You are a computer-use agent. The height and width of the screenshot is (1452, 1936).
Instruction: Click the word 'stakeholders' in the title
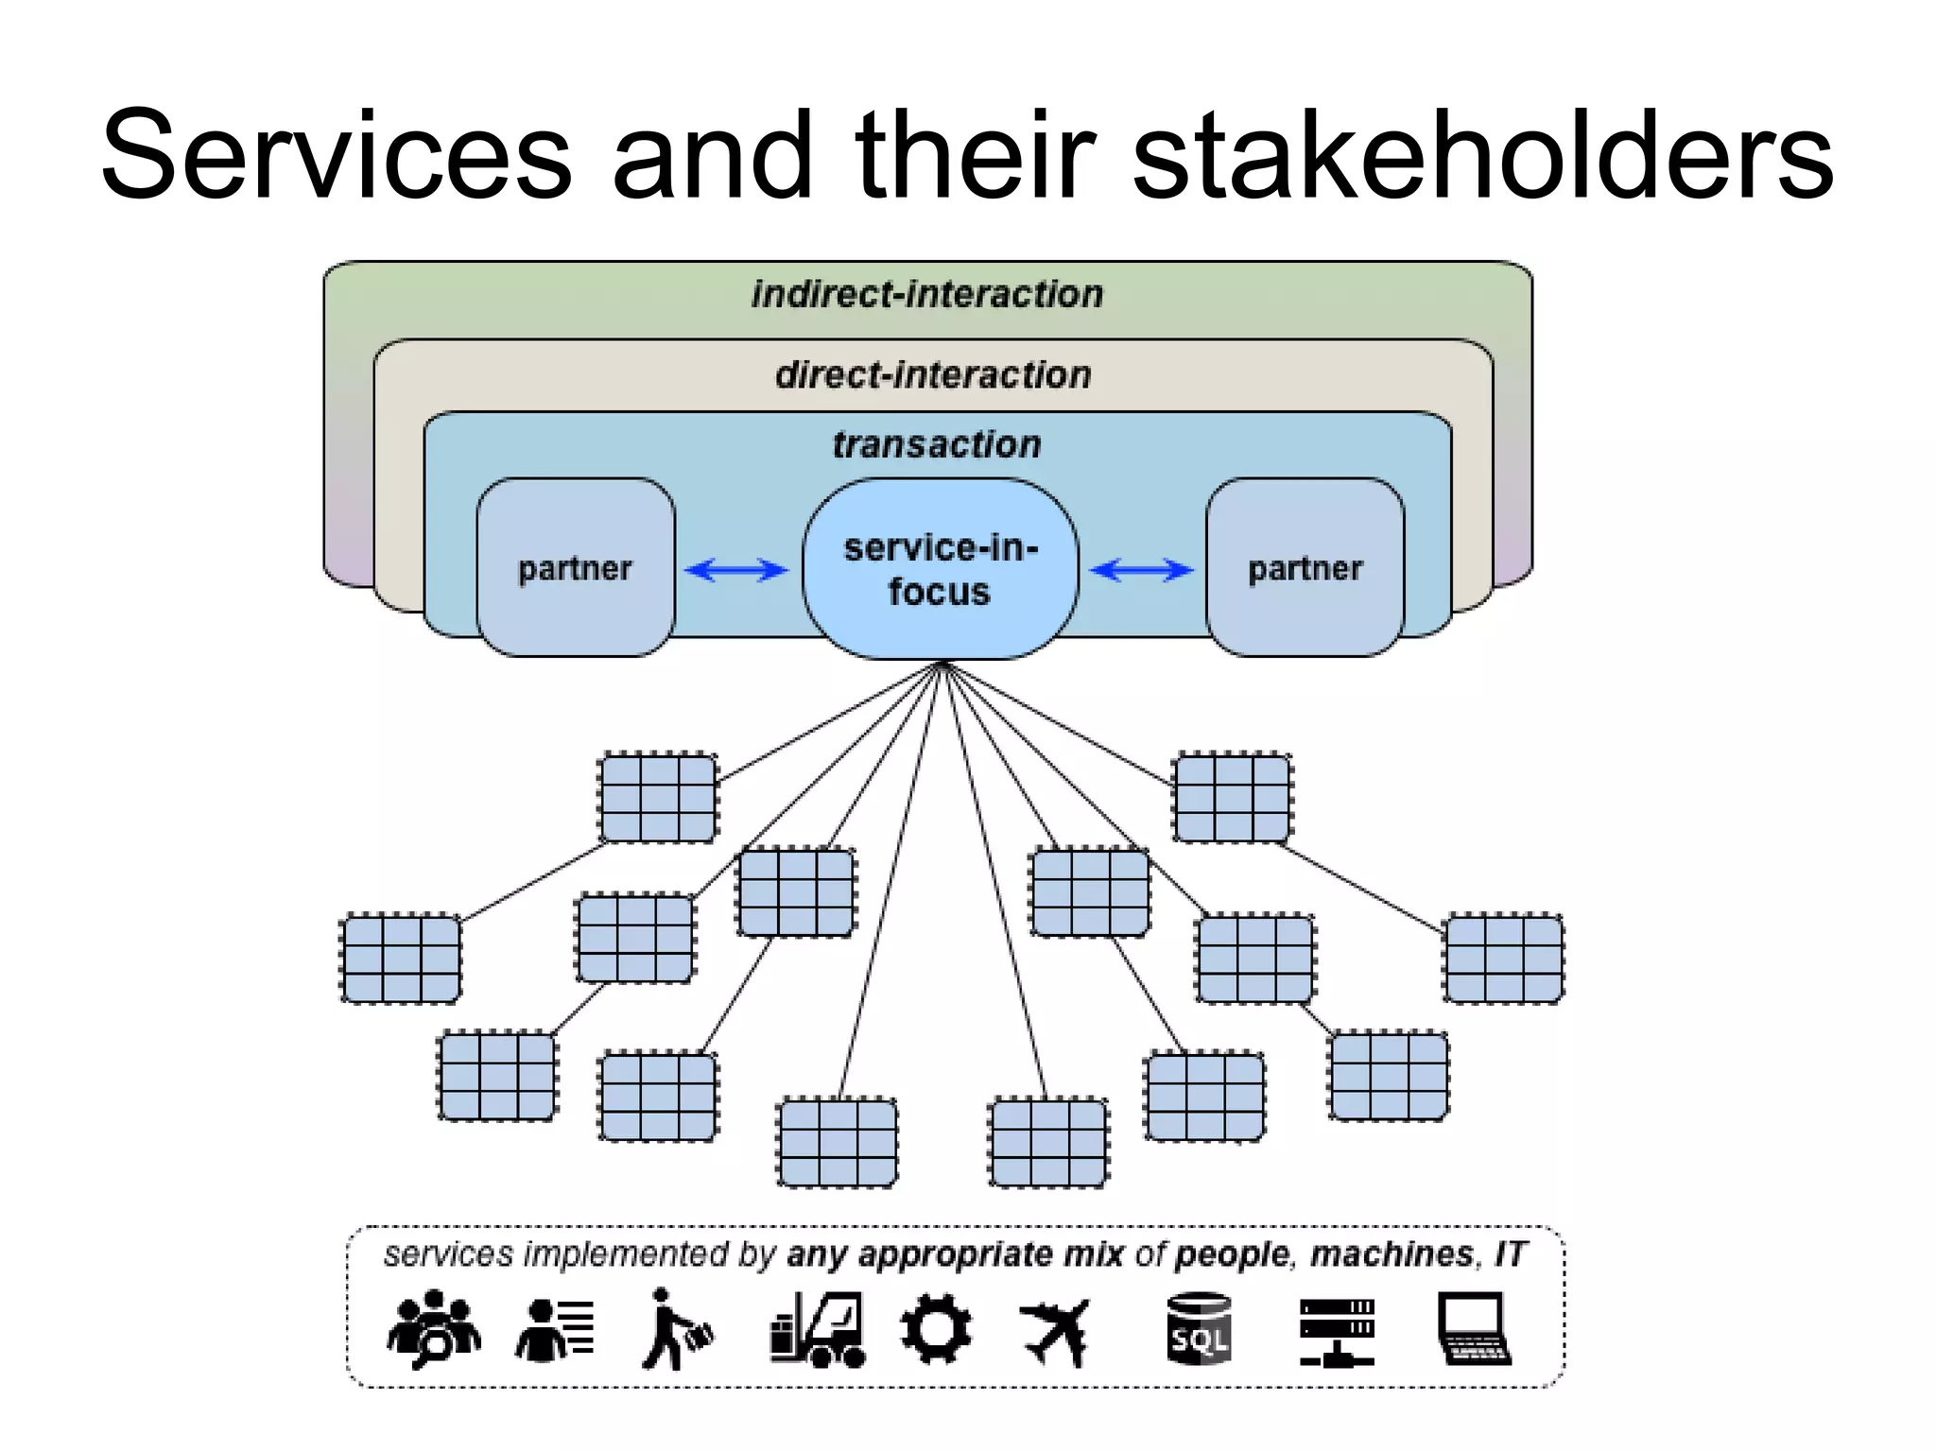[1481, 156]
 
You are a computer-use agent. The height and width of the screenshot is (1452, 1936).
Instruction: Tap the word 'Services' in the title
[336, 156]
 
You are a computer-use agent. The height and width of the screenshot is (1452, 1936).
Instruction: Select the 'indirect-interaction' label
[927, 295]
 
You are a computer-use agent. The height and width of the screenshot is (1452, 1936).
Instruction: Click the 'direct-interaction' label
[933, 375]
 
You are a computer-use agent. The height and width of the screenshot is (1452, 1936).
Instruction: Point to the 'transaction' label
[936, 444]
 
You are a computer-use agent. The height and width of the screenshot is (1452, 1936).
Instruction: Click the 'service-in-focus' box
[940, 569]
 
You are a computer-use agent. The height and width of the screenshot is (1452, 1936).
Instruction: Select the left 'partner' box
[575, 568]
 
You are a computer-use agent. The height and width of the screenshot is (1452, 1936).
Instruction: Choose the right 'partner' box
[1305, 568]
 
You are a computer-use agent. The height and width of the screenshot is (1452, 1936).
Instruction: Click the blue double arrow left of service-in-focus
[736, 570]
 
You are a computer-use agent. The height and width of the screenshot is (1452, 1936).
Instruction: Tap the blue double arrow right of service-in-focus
[1142, 570]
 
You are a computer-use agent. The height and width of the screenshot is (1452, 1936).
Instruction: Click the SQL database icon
[1199, 1330]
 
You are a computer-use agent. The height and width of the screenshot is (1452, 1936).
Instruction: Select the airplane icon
[1057, 1331]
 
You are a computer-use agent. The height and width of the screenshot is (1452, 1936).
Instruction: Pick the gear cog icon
[935, 1329]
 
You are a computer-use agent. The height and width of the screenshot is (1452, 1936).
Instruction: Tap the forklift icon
[818, 1330]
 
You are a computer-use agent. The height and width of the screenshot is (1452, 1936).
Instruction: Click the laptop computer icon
[1473, 1330]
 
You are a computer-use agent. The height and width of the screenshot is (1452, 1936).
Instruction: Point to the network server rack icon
[1336, 1332]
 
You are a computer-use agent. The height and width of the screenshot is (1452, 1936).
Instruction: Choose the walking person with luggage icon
[676, 1330]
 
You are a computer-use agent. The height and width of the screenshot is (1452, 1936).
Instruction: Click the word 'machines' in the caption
[1391, 1254]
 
